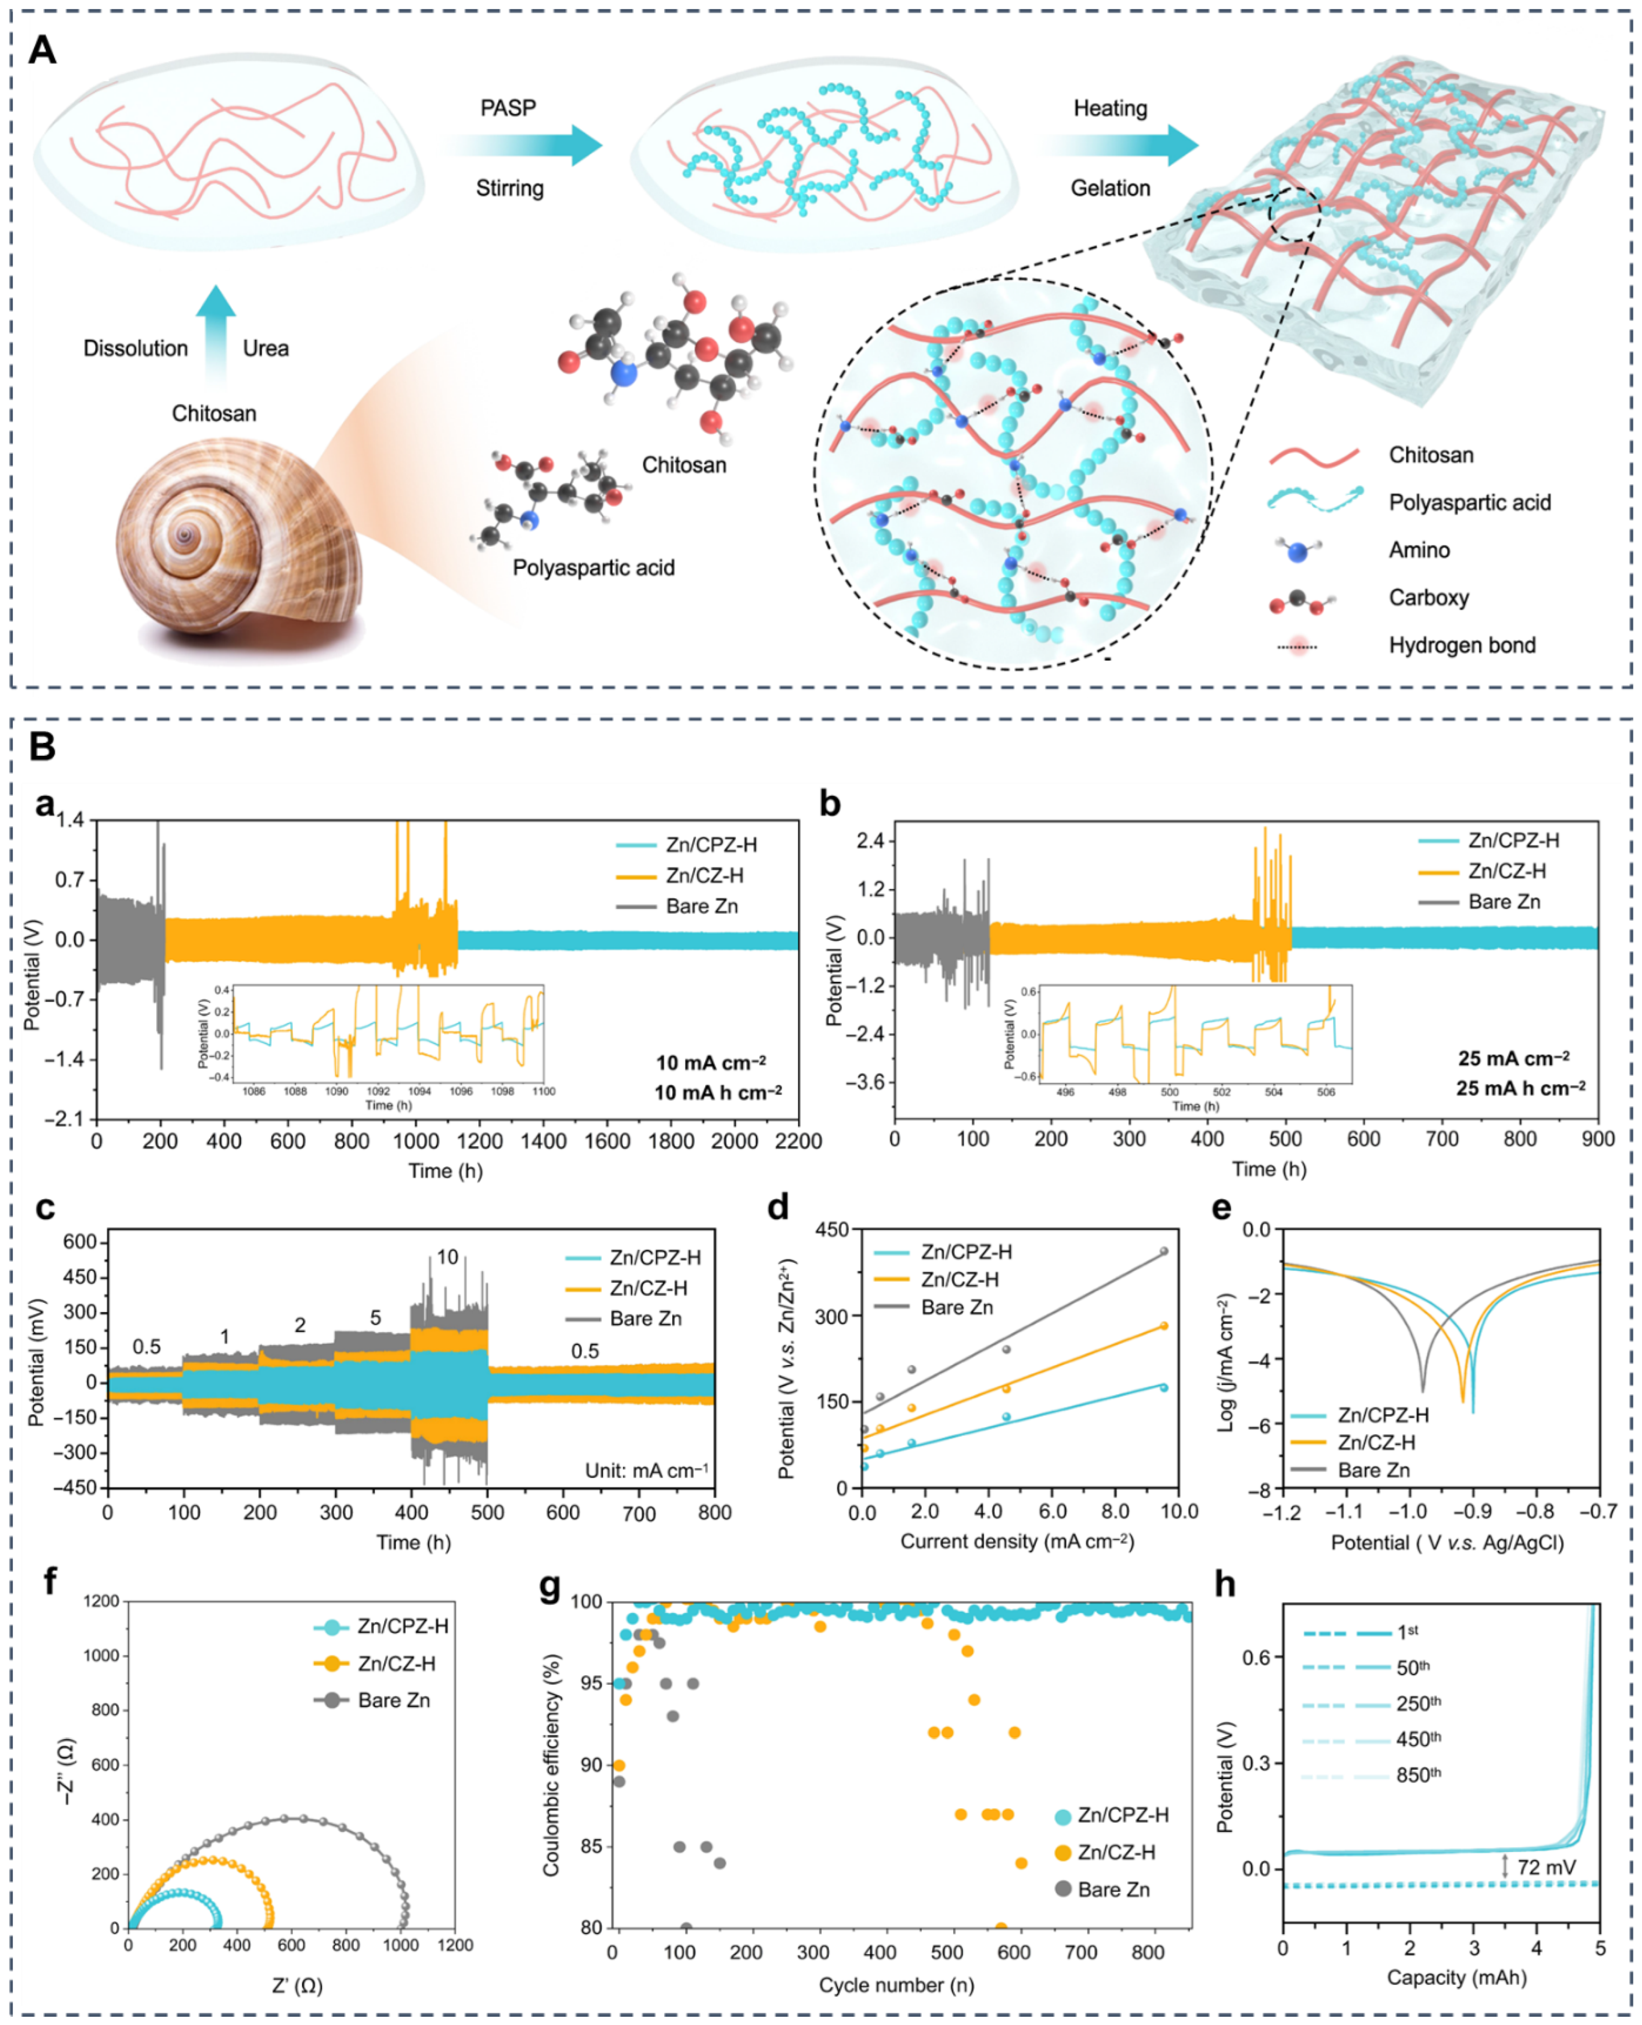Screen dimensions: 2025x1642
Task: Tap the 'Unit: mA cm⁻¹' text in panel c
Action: pos(646,1471)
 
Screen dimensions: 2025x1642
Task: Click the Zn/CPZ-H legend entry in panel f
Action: pos(402,1626)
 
